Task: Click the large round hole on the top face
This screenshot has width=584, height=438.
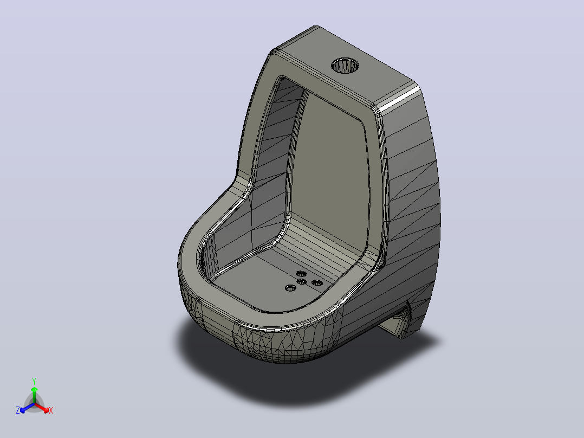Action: click(345, 66)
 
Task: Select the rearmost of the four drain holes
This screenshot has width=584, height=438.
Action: click(301, 274)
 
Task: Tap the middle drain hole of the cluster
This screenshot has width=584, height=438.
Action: click(302, 282)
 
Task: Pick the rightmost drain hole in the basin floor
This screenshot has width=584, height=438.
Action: click(317, 283)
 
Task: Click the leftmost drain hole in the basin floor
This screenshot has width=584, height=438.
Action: click(290, 288)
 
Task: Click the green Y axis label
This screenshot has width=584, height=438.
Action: click(34, 381)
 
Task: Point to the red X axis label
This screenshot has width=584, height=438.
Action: click(51, 410)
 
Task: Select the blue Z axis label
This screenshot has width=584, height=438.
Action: click(18, 410)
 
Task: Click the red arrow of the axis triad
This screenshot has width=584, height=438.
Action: click(42, 408)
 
